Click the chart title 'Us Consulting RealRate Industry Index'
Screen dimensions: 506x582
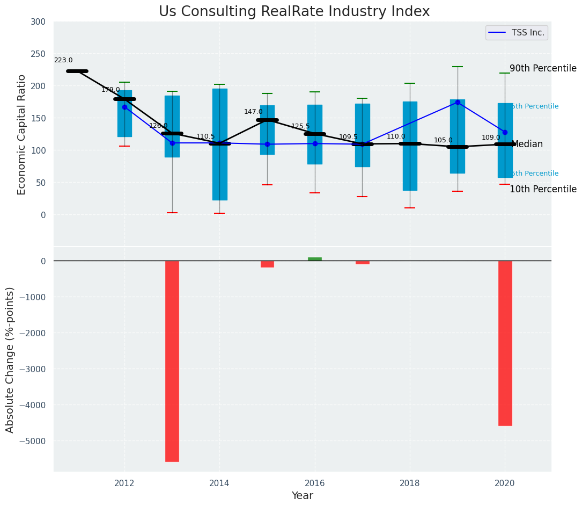[x=294, y=12]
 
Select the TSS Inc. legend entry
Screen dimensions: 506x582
[x=517, y=33]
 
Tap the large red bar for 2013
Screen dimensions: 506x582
[x=172, y=361]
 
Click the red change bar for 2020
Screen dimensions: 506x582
[x=505, y=343]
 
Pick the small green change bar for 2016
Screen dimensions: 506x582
[x=315, y=259]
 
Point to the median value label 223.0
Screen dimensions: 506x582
[x=63, y=61]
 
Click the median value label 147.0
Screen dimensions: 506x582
[x=253, y=112]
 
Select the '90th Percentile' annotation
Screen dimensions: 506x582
[x=543, y=69]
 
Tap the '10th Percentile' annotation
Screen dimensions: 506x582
[x=543, y=190]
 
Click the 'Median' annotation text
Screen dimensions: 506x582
[x=527, y=144]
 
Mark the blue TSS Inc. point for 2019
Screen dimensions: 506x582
[x=458, y=102]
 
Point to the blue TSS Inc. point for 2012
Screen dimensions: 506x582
[x=125, y=107]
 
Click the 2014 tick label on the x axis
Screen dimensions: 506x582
[x=219, y=483]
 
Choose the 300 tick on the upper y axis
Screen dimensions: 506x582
[x=42, y=22]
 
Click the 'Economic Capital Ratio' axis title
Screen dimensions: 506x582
[x=22, y=134]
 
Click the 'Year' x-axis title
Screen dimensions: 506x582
[x=302, y=496]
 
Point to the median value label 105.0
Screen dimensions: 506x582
[x=443, y=140]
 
